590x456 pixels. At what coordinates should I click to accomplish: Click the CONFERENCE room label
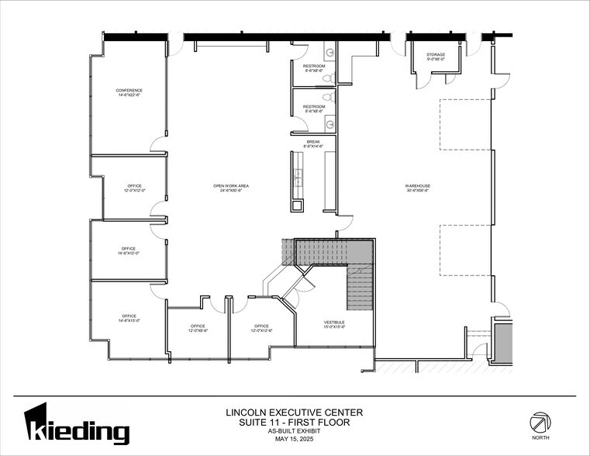tap(129, 91)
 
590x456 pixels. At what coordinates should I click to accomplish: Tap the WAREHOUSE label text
tap(417, 185)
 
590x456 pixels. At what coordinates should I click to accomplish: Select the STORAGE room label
tap(436, 55)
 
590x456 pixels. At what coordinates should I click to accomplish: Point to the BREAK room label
tap(313, 142)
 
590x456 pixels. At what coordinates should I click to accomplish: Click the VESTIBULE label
tap(335, 322)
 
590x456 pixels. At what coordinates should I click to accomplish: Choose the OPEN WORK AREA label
tap(231, 185)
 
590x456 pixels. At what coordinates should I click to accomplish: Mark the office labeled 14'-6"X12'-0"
tap(129, 250)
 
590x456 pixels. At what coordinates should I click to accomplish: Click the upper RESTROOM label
tap(313, 66)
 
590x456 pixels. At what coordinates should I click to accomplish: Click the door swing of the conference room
tap(158, 143)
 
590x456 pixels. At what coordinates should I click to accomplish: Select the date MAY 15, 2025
tap(294, 440)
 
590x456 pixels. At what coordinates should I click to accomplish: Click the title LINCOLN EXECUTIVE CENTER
tap(294, 413)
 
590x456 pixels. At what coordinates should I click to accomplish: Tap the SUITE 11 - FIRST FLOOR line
tap(294, 423)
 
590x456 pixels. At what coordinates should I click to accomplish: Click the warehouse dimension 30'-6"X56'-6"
tap(417, 190)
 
